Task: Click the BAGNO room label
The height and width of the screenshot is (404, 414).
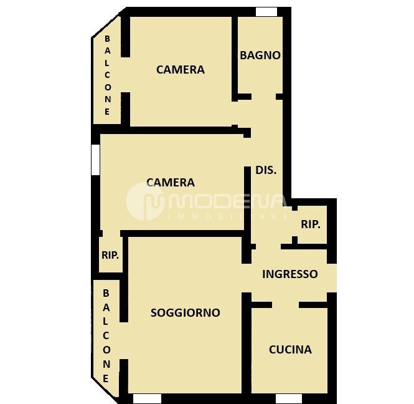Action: (x=260, y=55)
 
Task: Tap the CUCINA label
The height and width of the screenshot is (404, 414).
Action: (x=290, y=350)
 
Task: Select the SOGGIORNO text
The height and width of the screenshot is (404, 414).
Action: (x=186, y=313)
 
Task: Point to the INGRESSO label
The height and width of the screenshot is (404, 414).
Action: (x=290, y=274)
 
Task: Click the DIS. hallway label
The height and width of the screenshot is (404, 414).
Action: (x=266, y=170)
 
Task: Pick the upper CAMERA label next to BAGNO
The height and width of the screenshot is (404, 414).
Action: (x=181, y=70)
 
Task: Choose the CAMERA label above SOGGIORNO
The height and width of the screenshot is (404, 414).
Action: (x=171, y=183)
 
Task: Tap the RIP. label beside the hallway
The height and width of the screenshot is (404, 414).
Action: (x=311, y=224)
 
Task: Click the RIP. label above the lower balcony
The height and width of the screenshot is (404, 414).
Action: (x=110, y=255)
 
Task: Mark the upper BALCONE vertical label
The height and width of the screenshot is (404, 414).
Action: (x=107, y=75)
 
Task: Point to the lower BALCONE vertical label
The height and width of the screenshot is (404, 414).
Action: (x=106, y=336)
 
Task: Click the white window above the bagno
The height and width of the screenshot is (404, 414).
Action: (x=266, y=12)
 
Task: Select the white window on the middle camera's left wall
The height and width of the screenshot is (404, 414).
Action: (x=96, y=160)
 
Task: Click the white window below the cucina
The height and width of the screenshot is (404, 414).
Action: (x=289, y=399)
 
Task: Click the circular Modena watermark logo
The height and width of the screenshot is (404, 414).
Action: (x=144, y=202)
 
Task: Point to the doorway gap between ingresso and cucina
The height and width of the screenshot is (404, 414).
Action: (x=285, y=305)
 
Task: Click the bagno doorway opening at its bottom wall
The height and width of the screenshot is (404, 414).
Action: (x=263, y=97)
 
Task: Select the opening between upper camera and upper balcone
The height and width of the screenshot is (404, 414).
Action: (x=125, y=75)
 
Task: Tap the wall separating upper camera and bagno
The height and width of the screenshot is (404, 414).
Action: (x=235, y=59)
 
